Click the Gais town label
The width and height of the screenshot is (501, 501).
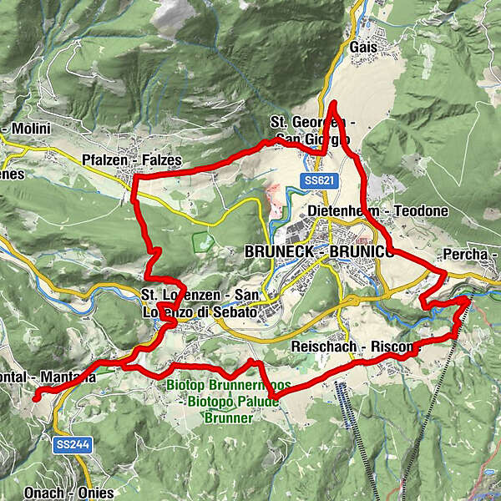pos(364,48)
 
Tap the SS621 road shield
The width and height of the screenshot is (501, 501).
pos(314,180)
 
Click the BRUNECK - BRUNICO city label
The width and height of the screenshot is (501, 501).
pos(317,250)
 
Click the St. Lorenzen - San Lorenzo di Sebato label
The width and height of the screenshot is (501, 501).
pos(200,303)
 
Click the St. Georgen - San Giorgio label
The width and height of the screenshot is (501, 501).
pos(313,131)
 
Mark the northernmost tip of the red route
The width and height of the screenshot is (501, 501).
pos(332,103)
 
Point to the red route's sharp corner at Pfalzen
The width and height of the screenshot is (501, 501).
pos(135,178)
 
